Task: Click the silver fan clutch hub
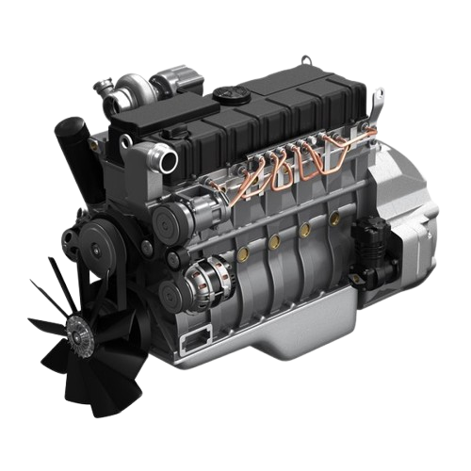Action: coord(79,332)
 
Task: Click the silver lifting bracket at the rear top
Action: coord(378,97)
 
